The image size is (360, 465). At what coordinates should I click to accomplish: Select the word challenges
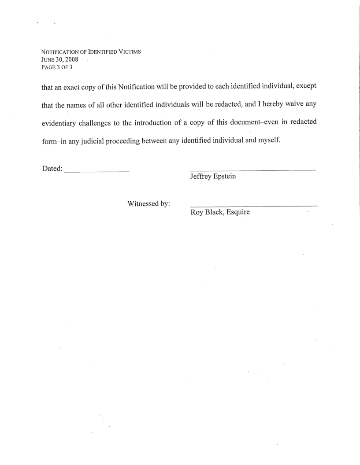(x=105, y=123)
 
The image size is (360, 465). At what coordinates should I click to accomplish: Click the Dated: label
(x=52, y=169)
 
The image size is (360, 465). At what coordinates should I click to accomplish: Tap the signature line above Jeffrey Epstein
(x=252, y=170)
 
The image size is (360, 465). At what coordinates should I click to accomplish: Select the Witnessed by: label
(x=149, y=204)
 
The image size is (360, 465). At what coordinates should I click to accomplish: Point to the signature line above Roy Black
(x=253, y=206)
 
